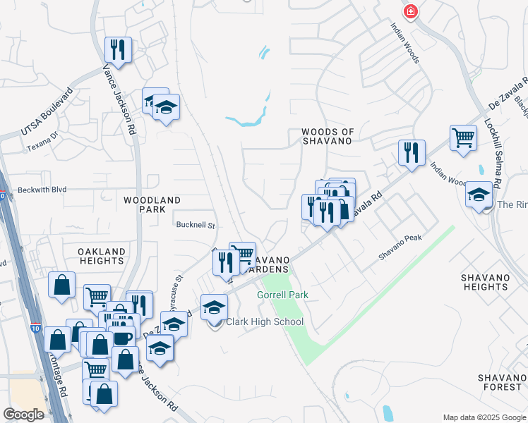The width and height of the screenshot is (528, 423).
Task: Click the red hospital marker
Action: tap(410, 12)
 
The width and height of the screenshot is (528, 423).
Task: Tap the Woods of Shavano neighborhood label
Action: tap(327, 136)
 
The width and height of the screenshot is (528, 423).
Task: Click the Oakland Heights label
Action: tap(102, 256)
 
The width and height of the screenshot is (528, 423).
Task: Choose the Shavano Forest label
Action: tap(500, 382)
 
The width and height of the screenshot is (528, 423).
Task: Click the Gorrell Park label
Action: tap(282, 294)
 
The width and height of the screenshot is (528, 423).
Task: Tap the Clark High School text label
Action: tap(265, 322)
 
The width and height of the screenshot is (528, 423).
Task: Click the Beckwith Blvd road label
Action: tap(42, 190)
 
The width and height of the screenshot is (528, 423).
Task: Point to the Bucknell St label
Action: tap(195, 226)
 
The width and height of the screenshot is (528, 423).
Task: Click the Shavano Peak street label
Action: tap(400, 248)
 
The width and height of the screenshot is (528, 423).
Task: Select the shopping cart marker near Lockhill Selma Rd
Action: tap(463, 138)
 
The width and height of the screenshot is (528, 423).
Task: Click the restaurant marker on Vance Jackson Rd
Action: tap(117, 49)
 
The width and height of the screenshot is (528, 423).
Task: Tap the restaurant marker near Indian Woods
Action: tap(411, 152)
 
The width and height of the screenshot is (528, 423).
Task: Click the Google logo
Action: tap(24, 415)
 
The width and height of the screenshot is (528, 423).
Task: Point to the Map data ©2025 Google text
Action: tap(484, 417)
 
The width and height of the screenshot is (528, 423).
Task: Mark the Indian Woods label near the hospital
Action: tap(406, 42)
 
